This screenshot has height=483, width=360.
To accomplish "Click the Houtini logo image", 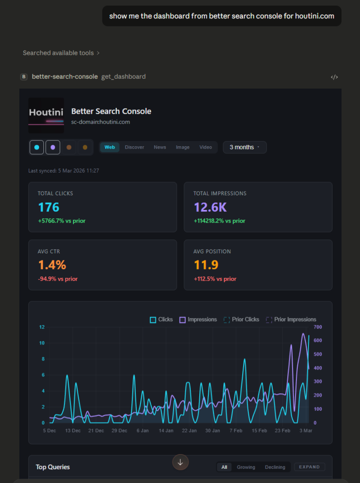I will (46, 116).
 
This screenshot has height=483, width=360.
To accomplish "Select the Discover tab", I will (134, 147).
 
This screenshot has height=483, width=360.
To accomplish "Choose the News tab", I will (160, 147).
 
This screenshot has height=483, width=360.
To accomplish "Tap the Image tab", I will (182, 147).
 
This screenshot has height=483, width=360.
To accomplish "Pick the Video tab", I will (205, 147).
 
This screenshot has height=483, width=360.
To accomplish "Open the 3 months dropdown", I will (245, 147).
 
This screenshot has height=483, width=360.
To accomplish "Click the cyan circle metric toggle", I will (37, 147).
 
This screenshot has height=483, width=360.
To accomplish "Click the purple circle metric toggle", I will (53, 147).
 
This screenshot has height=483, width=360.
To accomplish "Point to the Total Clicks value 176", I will (49, 207).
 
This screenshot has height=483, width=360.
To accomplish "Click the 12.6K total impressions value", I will (210, 207).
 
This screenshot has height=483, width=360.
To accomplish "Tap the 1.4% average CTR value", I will (52, 265).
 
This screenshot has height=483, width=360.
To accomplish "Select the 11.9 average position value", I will (206, 265).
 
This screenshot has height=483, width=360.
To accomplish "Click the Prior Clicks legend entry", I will (241, 319).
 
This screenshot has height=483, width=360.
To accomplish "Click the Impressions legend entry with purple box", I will (198, 319).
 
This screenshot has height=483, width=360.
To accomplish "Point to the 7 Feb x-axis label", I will (236, 431).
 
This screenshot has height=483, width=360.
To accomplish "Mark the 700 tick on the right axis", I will (318, 327).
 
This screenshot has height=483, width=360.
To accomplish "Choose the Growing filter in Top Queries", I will (246, 467).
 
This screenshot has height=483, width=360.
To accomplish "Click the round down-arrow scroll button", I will (180, 462).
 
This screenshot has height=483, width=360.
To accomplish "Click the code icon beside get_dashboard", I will (334, 77).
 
